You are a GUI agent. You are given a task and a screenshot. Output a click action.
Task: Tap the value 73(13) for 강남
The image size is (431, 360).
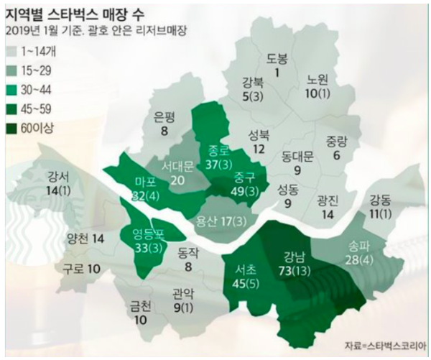tap(295, 269)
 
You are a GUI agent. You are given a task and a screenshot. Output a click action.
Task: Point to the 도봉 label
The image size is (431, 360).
tap(277, 58)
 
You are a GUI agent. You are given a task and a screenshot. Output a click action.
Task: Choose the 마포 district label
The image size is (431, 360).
tap(146, 180)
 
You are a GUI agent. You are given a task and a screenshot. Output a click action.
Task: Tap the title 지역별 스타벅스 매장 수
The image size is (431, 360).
tap(79, 12)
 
